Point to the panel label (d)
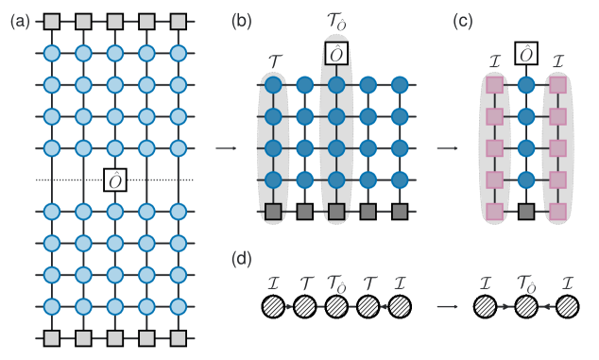(x=241, y=257)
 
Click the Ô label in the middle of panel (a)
(x=114, y=180)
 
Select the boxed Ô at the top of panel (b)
(x=335, y=54)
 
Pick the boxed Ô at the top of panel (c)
(x=525, y=54)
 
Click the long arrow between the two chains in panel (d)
(x=447, y=306)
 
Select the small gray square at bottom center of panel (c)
(x=525, y=211)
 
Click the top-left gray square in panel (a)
(x=52, y=21)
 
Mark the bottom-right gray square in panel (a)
(x=176, y=337)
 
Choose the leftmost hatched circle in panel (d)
(x=273, y=306)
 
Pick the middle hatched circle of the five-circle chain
(x=335, y=306)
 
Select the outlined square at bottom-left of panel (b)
(x=273, y=211)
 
